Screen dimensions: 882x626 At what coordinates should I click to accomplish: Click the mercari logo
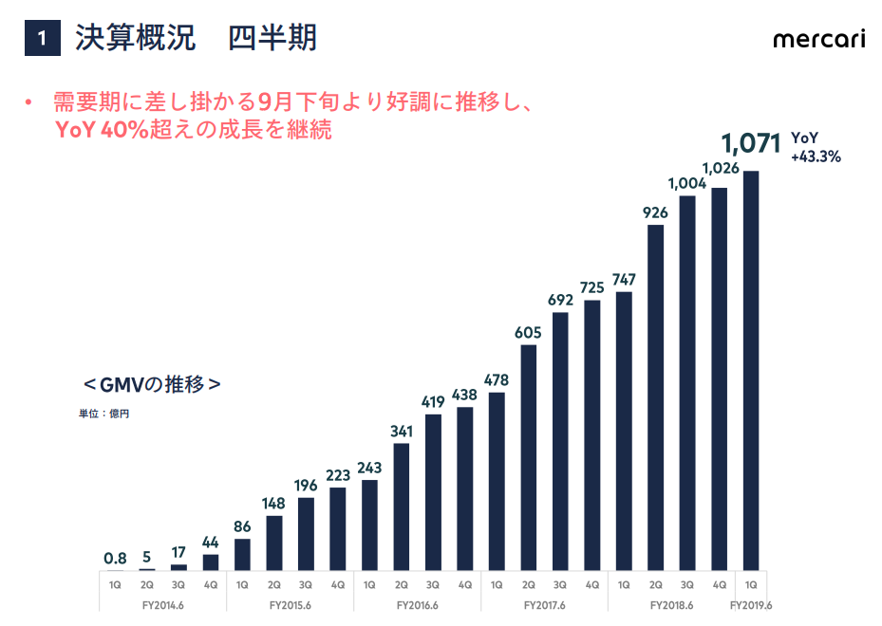(x=819, y=39)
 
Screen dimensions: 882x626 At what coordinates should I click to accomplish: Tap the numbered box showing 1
(x=42, y=38)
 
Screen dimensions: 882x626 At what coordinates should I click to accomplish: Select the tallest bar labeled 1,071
(x=751, y=371)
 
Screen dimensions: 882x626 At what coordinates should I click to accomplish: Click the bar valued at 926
(x=655, y=397)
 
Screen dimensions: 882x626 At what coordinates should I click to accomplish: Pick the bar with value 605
(x=528, y=458)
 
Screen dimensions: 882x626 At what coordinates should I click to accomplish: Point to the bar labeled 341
(x=401, y=506)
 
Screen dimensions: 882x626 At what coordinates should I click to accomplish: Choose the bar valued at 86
(x=242, y=555)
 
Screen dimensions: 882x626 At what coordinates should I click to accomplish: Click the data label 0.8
(x=115, y=558)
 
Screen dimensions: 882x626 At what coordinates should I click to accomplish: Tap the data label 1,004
(x=686, y=184)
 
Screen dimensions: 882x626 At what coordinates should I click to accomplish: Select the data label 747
(x=624, y=279)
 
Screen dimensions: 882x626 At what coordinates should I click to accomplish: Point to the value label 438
(x=464, y=395)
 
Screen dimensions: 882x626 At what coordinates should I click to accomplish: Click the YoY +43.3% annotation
(x=816, y=147)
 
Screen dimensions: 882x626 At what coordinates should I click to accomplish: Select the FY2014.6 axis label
(x=163, y=605)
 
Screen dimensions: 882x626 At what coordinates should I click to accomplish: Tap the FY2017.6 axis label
(x=545, y=605)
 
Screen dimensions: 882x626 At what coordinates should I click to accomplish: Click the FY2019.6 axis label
(x=751, y=605)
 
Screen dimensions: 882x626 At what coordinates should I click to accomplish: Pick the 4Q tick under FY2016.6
(x=464, y=585)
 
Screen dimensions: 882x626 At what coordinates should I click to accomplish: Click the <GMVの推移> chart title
(x=152, y=384)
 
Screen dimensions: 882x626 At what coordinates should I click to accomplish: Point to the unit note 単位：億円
(x=104, y=414)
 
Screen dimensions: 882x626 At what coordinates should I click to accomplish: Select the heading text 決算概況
(x=135, y=38)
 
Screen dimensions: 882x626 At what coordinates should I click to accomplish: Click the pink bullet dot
(x=28, y=102)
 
